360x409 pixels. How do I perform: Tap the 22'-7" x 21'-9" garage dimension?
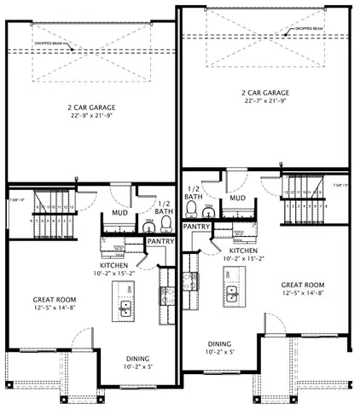(x=265, y=102)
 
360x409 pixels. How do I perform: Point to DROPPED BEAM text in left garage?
(x=48, y=42)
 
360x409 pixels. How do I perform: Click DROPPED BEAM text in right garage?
(x=310, y=28)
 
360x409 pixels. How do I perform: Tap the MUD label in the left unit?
(x=120, y=215)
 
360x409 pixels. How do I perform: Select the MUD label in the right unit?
(x=238, y=198)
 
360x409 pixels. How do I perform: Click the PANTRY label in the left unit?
(x=161, y=242)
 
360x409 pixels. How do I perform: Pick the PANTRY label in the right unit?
(x=197, y=227)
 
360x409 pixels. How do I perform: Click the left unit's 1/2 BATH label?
(x=164, y=209)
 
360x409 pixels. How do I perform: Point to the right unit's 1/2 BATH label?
(x=194, y=193)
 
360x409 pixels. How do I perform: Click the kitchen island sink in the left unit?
(x=125, y=309)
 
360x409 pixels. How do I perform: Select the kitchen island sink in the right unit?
(x=231, y=295)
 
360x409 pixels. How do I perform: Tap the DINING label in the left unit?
(x=137, y=358)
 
